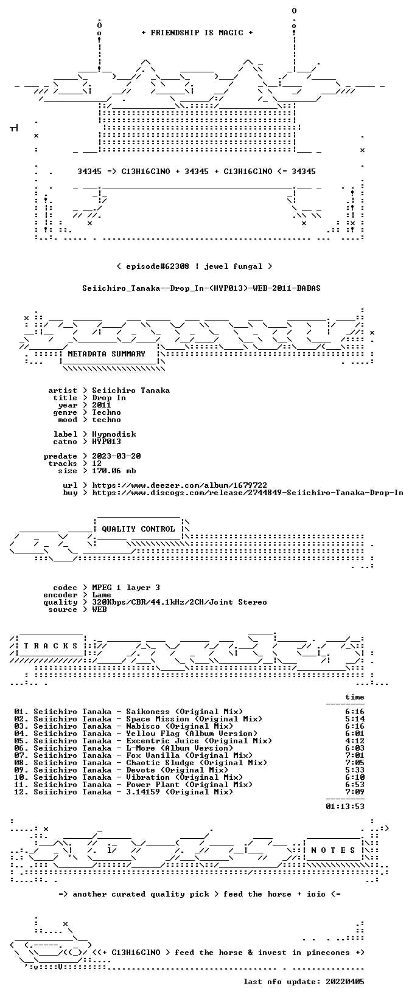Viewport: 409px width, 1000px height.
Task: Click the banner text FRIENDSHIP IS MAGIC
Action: (x=197, y=33)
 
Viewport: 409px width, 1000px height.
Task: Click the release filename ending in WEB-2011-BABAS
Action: (x=201, y=288)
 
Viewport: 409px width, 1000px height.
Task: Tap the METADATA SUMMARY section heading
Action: (x=107, y=354)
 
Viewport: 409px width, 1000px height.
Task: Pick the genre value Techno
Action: (x=107, y=412)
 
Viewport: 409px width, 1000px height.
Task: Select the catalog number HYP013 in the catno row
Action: (x=107, y=442)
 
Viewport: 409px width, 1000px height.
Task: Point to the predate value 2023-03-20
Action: (x=116, y=456)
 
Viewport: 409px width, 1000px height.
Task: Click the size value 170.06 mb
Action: (x=114, y=471)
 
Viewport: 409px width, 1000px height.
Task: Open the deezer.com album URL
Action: (x=180, y=485)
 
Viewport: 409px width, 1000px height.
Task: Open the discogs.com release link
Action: (x=247, y=493)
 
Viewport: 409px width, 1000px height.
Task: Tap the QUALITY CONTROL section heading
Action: (x=138, y=529)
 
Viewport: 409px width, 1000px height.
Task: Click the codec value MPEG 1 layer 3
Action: (x=126, y=588)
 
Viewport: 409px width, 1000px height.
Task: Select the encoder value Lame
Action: (x=102, y=595)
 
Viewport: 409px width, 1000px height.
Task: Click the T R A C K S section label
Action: (x=51, y=646)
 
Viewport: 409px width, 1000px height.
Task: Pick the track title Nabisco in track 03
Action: (x=143, y=726)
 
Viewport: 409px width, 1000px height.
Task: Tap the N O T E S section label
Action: (x=333, y=850)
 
